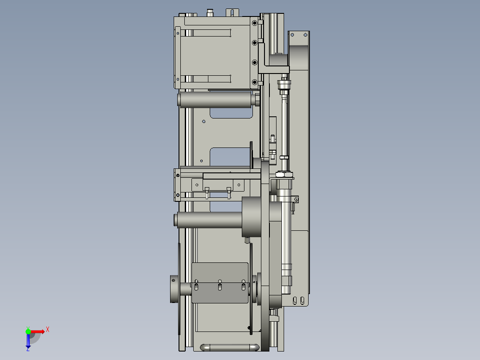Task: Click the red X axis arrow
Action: point(38,331)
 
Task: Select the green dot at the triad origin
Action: point(28,331)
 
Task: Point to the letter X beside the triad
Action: point(48,330)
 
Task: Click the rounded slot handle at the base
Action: point(230,347)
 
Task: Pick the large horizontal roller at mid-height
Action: point(209,220)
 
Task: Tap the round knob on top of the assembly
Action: point(210,12)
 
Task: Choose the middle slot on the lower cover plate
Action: point(220,286)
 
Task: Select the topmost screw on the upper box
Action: point(254,23)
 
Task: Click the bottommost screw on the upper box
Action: point(254,82)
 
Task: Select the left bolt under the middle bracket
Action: point(207,192)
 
